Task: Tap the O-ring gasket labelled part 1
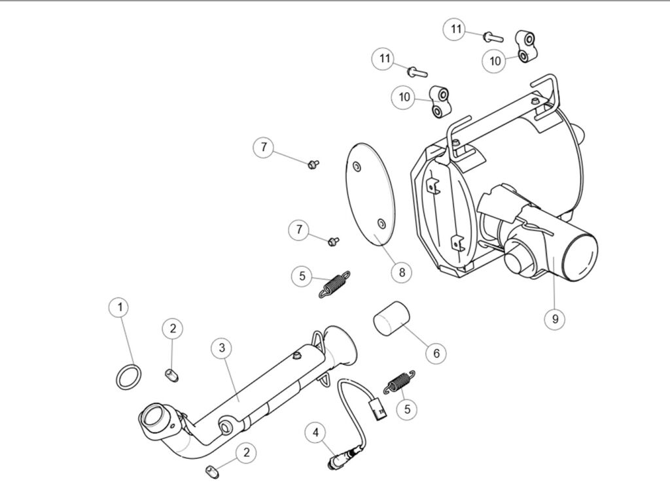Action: click(128, 377)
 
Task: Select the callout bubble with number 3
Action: click(222, 348)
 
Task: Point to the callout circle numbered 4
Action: click(317, 432)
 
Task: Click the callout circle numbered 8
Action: click(402, 271)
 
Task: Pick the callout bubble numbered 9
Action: click(555, 318)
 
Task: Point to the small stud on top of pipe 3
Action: click(297, 355)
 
